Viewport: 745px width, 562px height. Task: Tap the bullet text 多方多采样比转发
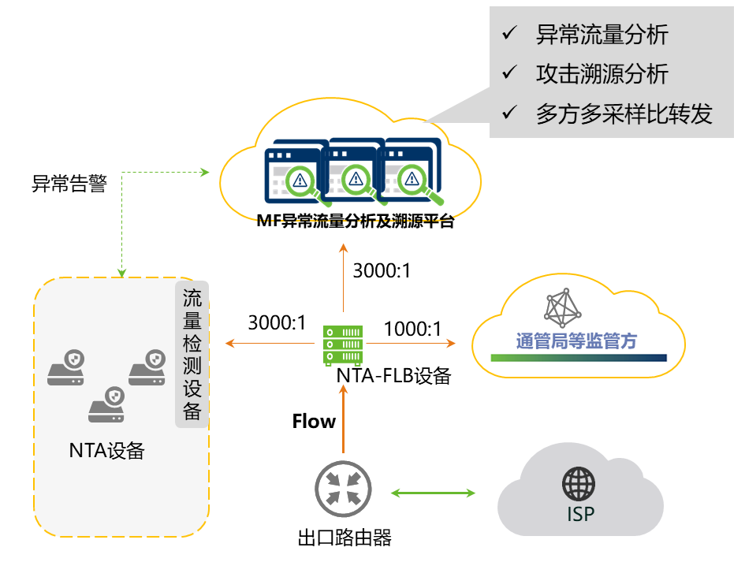624,114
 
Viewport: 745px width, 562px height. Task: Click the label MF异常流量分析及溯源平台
355,221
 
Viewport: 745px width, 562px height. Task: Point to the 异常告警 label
69,184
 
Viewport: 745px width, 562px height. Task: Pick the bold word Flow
314,422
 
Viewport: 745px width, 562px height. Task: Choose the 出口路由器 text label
345,538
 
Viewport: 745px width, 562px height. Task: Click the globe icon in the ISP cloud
579,484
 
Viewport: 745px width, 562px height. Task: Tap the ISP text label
580,515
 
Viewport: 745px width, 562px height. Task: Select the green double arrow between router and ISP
434,493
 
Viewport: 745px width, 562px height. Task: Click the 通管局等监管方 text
576,341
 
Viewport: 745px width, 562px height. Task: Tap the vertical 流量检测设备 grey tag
192,354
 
